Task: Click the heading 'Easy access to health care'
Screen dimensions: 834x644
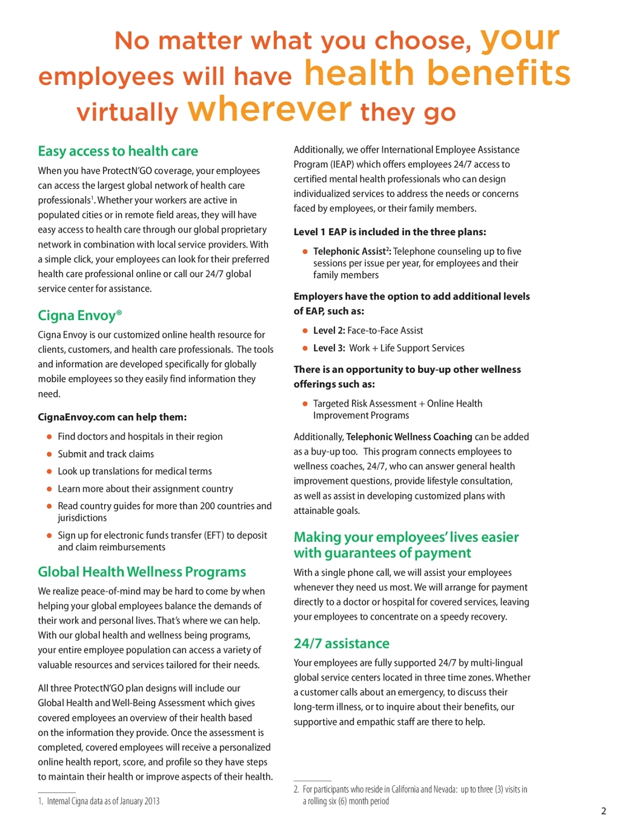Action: point(118,151)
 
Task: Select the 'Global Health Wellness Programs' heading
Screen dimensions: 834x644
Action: point(142,572)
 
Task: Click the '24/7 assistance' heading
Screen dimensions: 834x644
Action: point(341,644)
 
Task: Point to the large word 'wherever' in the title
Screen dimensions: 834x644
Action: point(270,109)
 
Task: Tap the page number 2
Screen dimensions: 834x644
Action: point(603,811)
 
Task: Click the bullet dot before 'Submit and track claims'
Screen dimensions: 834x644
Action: point(49,454)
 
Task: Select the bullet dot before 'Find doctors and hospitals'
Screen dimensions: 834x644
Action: point(49,436)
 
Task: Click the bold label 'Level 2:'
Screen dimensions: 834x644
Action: point(329,330)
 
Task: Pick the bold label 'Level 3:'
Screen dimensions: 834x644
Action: point(329,348)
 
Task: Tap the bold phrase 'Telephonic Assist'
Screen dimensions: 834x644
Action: point(349,252)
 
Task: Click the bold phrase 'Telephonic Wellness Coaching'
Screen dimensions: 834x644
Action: point(409,437)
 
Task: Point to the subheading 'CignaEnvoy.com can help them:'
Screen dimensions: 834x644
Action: point(112,417)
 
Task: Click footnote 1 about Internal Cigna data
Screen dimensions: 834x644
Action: point(99,801)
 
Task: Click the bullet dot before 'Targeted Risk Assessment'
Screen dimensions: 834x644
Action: point(305,404)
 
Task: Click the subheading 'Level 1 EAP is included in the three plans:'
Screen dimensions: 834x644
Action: point(390,232)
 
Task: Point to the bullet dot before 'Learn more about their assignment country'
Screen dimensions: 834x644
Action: point(49,489)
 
